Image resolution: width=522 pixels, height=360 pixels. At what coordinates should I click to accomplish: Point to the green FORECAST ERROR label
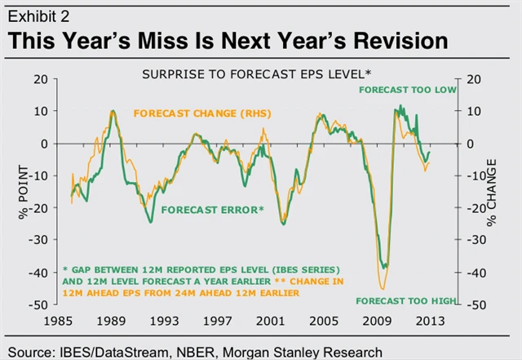[x=213, y=210]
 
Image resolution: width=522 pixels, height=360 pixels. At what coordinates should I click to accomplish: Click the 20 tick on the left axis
[x=39, y=79]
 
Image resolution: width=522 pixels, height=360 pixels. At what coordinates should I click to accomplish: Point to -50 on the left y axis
[x=37, y=304]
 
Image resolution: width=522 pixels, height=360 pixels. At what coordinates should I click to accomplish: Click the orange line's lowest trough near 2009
[x=382, y=288]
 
